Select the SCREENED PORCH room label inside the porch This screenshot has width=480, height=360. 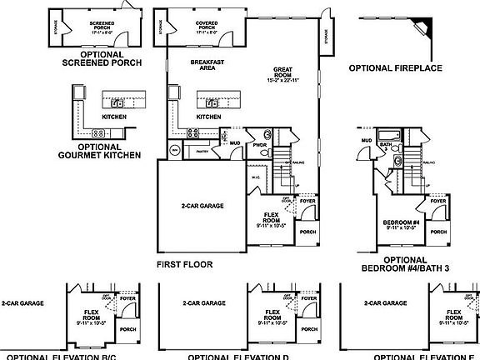coord(103,25)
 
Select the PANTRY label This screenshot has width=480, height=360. coord(202,152)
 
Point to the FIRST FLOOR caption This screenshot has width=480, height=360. coord(184,264)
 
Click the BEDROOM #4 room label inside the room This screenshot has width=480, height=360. coord(400,222)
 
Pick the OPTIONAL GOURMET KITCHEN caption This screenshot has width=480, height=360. coord(97,151)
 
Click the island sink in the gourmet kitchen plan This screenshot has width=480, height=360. coord(118,103)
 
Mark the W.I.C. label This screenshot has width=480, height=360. coord(256,177)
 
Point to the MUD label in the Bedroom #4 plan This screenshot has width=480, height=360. coord(366,140)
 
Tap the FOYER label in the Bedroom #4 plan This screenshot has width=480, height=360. coord(438,201)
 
